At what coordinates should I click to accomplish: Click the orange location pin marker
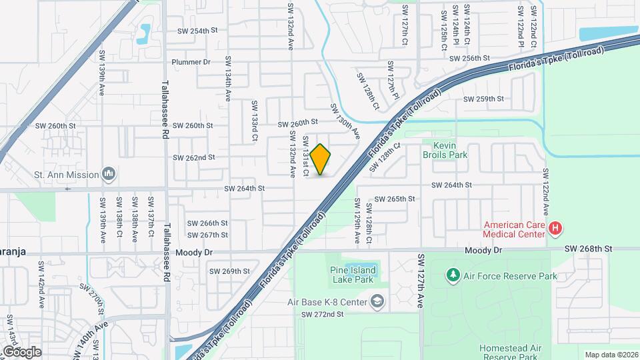tap(321, 159)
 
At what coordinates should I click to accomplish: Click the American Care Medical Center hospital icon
tap(555, 229)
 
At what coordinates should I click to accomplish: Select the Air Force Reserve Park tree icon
tap(453, 274)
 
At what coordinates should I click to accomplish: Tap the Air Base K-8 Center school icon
tap(378, 302)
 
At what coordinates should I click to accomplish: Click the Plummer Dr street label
tap(191, 62)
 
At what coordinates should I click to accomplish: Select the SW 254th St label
tap(198, 31)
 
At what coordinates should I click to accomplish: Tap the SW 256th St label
tap(470, 59)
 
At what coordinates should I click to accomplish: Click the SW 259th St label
tap(484, 99)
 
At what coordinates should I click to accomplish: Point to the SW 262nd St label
tap(194, 158)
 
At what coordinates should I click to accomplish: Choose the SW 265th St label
tap(395, 199)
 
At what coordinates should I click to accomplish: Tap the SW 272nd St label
tap(322, 314)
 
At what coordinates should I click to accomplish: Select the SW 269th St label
tap(229, 271)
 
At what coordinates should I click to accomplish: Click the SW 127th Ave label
tap(421, 280)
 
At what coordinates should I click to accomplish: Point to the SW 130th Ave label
tap(345, 121)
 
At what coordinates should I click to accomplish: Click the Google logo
tap(21, 351)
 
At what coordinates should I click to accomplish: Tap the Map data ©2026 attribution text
tap(611, 355)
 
